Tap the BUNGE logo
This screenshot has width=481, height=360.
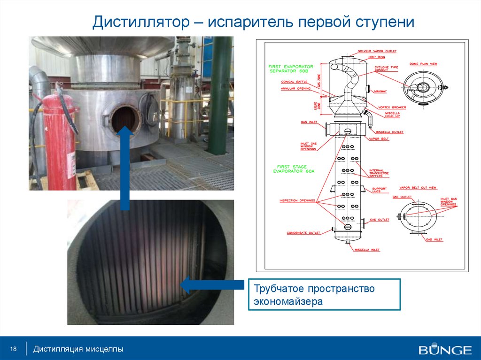tap(445, 350)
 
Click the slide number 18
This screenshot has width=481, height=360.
tap(13, 349)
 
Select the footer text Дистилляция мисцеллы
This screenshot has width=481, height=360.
tap(81, 349)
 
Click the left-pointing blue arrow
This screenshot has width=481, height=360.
tap(211, 285)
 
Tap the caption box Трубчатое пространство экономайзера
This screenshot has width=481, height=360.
tap(324, 294)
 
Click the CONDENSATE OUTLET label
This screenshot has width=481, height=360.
tap(303, 233)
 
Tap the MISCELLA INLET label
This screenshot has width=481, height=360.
tap(367, 250)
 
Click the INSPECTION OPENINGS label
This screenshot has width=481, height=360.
tap(297, 201)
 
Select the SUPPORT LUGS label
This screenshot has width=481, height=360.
tap(380, 190)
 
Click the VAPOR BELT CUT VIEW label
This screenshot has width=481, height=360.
tap(418, 188)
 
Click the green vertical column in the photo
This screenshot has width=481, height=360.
tap(220, 94)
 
